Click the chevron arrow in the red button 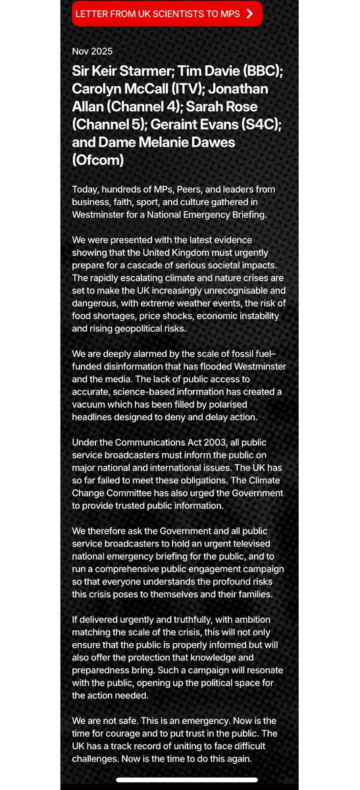pyautogui.click(x=249, y=14)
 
